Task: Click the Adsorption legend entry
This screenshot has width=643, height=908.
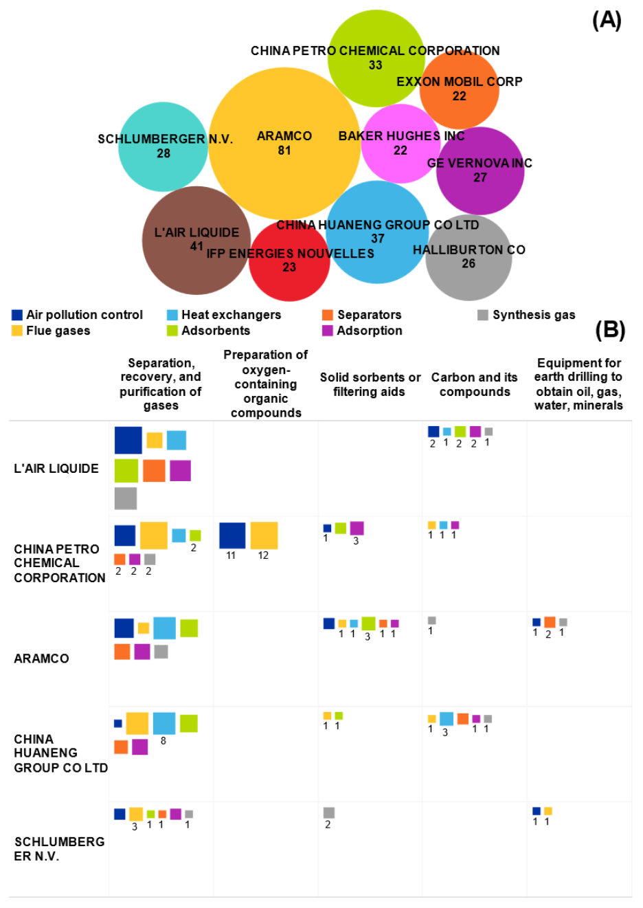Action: tap(362, 331)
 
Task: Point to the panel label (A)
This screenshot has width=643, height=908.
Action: tap(607, 21)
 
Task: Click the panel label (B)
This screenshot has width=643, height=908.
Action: tap(610, 330)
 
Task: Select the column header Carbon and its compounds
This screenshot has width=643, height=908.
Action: tap(475, 384)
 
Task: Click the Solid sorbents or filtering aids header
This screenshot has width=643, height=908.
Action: tap(370, 384)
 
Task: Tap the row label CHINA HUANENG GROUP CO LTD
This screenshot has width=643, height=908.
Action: tap(60, 753)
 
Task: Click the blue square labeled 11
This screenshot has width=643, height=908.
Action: tap(232, 535)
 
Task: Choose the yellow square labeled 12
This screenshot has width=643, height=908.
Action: tap(264, 535)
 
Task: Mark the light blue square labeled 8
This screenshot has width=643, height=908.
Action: tap(164, 723)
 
